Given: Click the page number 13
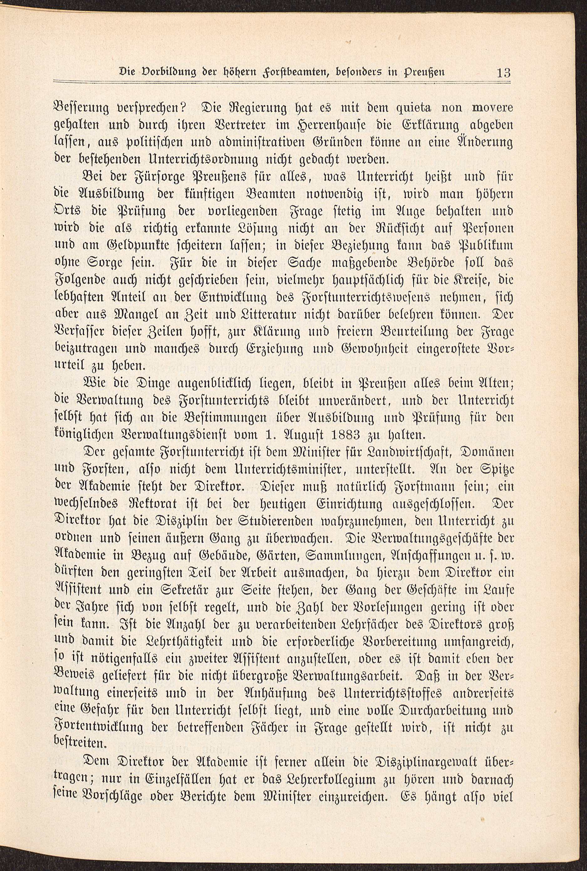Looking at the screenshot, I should pos(503,72).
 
